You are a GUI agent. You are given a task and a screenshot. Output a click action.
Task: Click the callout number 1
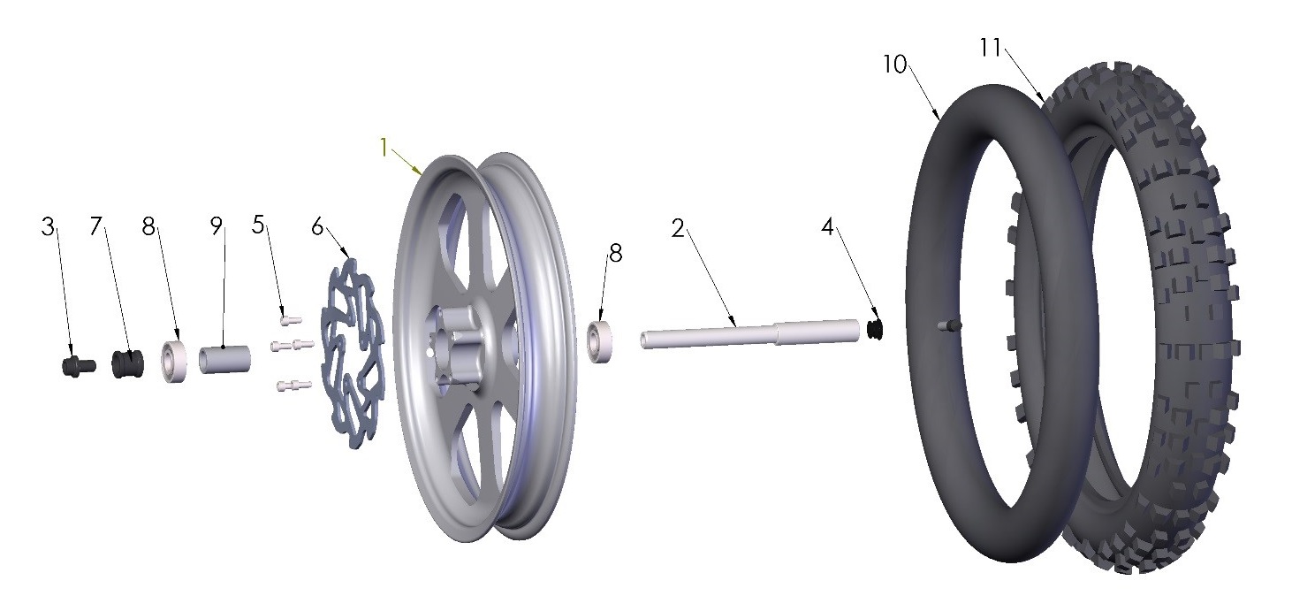click(x=384, y=147)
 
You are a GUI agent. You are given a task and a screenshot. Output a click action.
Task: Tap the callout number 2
click(x=678, y=229)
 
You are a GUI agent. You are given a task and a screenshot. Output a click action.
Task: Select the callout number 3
click(x=48, y=226)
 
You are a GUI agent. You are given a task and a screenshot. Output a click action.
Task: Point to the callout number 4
click(x=827, y=227)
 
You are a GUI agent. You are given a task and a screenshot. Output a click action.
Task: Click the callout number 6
click(x=317, y=227)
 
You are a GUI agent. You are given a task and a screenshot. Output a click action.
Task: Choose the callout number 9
click(x=216, y=226)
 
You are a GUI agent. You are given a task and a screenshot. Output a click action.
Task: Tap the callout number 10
click(x=894, y=65)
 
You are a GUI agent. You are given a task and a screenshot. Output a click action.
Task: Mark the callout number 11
click(x=990, y=48)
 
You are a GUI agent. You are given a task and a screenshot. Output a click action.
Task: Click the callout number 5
click(x=258, y=225)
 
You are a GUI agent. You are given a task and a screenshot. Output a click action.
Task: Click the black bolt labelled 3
click(x=79, y=364)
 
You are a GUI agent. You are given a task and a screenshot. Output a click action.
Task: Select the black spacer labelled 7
click(x=127, y=363)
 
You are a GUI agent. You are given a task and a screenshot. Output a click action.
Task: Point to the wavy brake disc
click(x=353, y=354)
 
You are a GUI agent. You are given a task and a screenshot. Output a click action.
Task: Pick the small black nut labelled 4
click(x=876, y=330)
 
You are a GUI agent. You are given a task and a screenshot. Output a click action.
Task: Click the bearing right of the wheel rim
click(x=603, y=340)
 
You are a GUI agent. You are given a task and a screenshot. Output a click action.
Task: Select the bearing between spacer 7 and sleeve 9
click(x=174, y=362)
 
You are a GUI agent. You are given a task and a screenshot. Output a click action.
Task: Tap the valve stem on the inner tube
click(x=948, y=327)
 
